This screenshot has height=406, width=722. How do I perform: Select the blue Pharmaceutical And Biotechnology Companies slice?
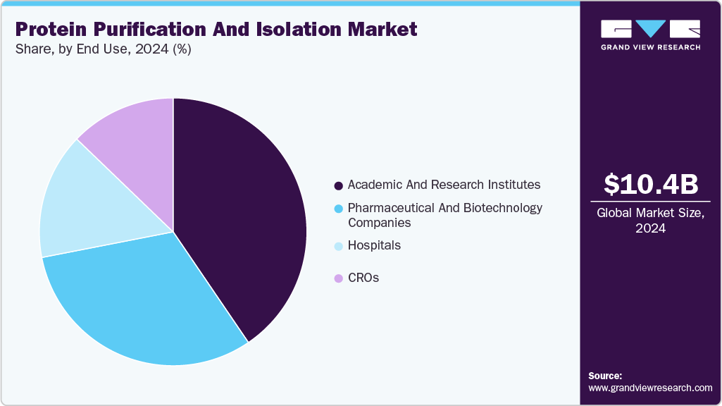pos(148,303)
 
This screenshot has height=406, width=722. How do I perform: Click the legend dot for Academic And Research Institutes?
pos(339,185)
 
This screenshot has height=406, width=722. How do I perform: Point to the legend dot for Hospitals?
pos(339,246)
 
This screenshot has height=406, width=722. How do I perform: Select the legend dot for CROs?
pos(339,278)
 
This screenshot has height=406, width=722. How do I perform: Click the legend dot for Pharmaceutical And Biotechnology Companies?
pos(339,209)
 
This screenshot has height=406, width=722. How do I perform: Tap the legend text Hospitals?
pos(374,245)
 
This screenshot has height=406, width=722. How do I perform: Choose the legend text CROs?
pos(363,278)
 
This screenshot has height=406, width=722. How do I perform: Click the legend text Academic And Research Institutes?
pos(444,185)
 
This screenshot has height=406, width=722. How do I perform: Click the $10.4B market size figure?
pos(651,185)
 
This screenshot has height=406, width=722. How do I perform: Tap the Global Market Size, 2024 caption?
pos(651,221)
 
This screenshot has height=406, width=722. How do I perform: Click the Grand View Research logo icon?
pos(651,28)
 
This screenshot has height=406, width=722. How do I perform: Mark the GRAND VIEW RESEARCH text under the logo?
pos(651,47)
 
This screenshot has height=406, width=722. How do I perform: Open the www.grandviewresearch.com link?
pos(651,388)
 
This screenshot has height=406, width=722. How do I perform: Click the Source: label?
pos(605,376)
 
